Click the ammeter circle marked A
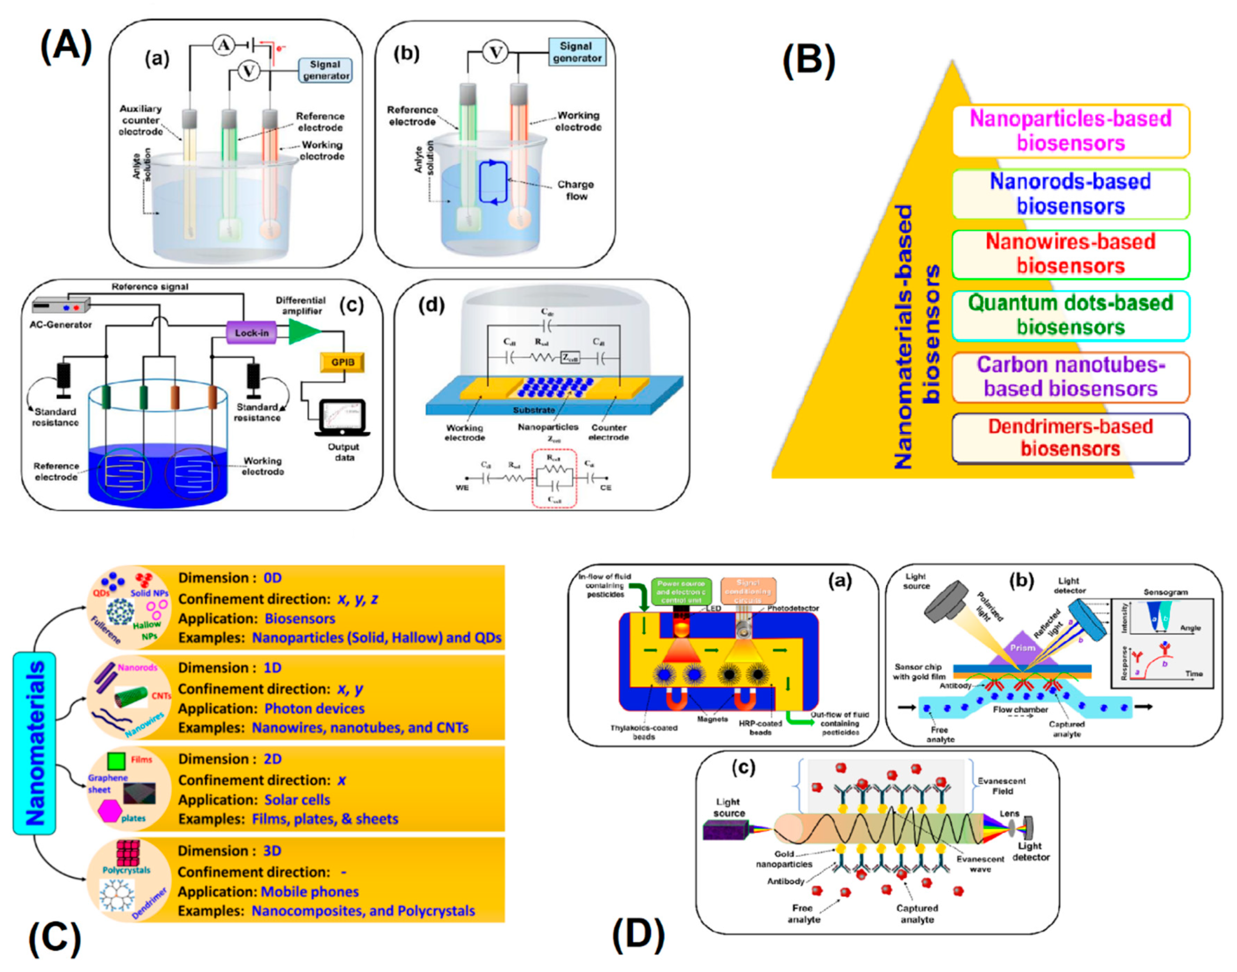[x=223, y=45]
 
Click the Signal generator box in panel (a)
[x=325, y=71]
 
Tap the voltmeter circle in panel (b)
[x=495, y=53]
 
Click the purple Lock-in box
[x=251, y=332]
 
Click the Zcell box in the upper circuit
[x=570, y=358]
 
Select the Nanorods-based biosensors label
[x=1070, y=194]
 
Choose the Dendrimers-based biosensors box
[x=1070, y=438]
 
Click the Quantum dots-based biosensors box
[x=1070, y=315]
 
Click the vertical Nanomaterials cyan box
[x=34, y=742]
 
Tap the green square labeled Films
[x=116, y=761]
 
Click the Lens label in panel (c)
[x=1009, y=814]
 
